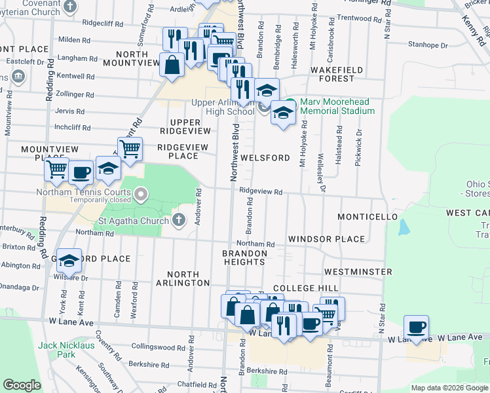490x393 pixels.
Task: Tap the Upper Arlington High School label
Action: [223, 107]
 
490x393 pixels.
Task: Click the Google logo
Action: [22, 385]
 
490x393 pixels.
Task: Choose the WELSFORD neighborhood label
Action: [265, 158]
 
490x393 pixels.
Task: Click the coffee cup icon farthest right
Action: [415, 326]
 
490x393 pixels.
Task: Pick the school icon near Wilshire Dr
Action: [69, 261]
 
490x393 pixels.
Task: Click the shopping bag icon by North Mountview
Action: [172, 65]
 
